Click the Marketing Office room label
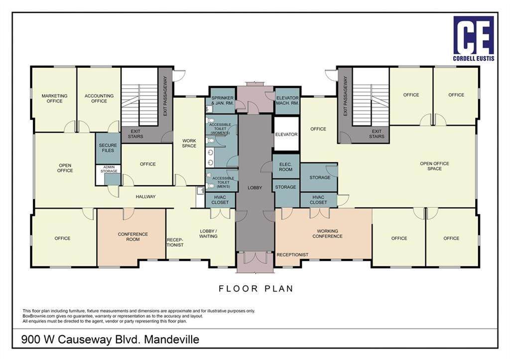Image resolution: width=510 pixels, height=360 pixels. [x=54, y=98]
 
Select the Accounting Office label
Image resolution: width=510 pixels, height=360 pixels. [x=99, y=98]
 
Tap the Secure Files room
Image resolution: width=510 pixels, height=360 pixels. [x=108, y=148]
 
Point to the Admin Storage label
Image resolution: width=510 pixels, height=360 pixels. [x=109, y=169]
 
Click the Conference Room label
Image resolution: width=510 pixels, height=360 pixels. [x=132, y=237]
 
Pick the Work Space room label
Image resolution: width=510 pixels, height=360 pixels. [x=189, y=143]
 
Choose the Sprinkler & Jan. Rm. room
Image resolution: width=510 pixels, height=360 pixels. [x=222, y=100]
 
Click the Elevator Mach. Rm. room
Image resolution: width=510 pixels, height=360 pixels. [x=287, y=101]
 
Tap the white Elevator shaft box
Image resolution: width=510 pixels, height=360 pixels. [x=286, y=134]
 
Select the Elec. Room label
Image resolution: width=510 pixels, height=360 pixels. [x=285, y=167]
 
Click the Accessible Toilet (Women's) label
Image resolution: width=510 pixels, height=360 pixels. [x=220, y=128]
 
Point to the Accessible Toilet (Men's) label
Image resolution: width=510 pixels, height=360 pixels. [x=223, y=182]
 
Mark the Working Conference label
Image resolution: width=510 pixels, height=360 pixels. [x=327, y=234]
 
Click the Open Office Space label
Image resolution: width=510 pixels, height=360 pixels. [x=434, y=166]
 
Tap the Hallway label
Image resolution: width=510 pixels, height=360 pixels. [x=146, y=196]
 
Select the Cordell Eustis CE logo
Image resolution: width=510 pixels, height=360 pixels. [x=474, y=38]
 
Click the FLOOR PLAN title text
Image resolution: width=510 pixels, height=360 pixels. [x=256, y=288]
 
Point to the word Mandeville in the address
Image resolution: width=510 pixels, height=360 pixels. [x=172, y=340]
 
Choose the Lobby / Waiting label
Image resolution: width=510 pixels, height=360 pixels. [x=208, y=234]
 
